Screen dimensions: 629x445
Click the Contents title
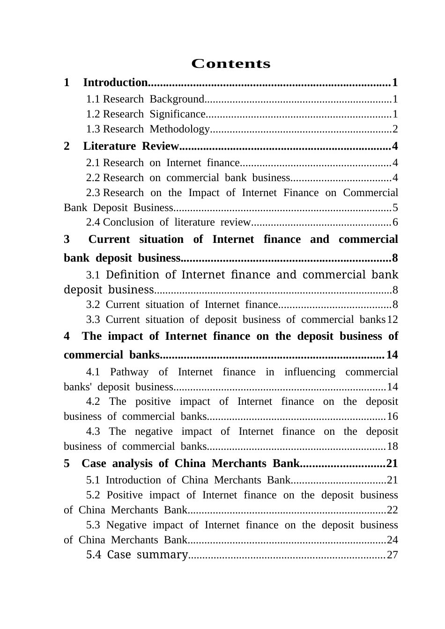click(231, 64)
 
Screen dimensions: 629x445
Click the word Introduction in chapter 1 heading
click(115, 83)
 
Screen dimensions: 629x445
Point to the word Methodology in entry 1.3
click(179, 129)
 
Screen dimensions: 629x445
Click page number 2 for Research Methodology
click(395, 129)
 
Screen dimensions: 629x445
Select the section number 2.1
click(93, 163)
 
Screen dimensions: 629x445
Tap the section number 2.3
click(93, 193)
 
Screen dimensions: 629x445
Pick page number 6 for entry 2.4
click(395, 222)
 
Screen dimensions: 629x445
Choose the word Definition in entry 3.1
click(133, 275)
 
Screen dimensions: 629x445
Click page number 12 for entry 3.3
click(393, 320)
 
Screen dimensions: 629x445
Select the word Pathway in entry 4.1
click(129, 372)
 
